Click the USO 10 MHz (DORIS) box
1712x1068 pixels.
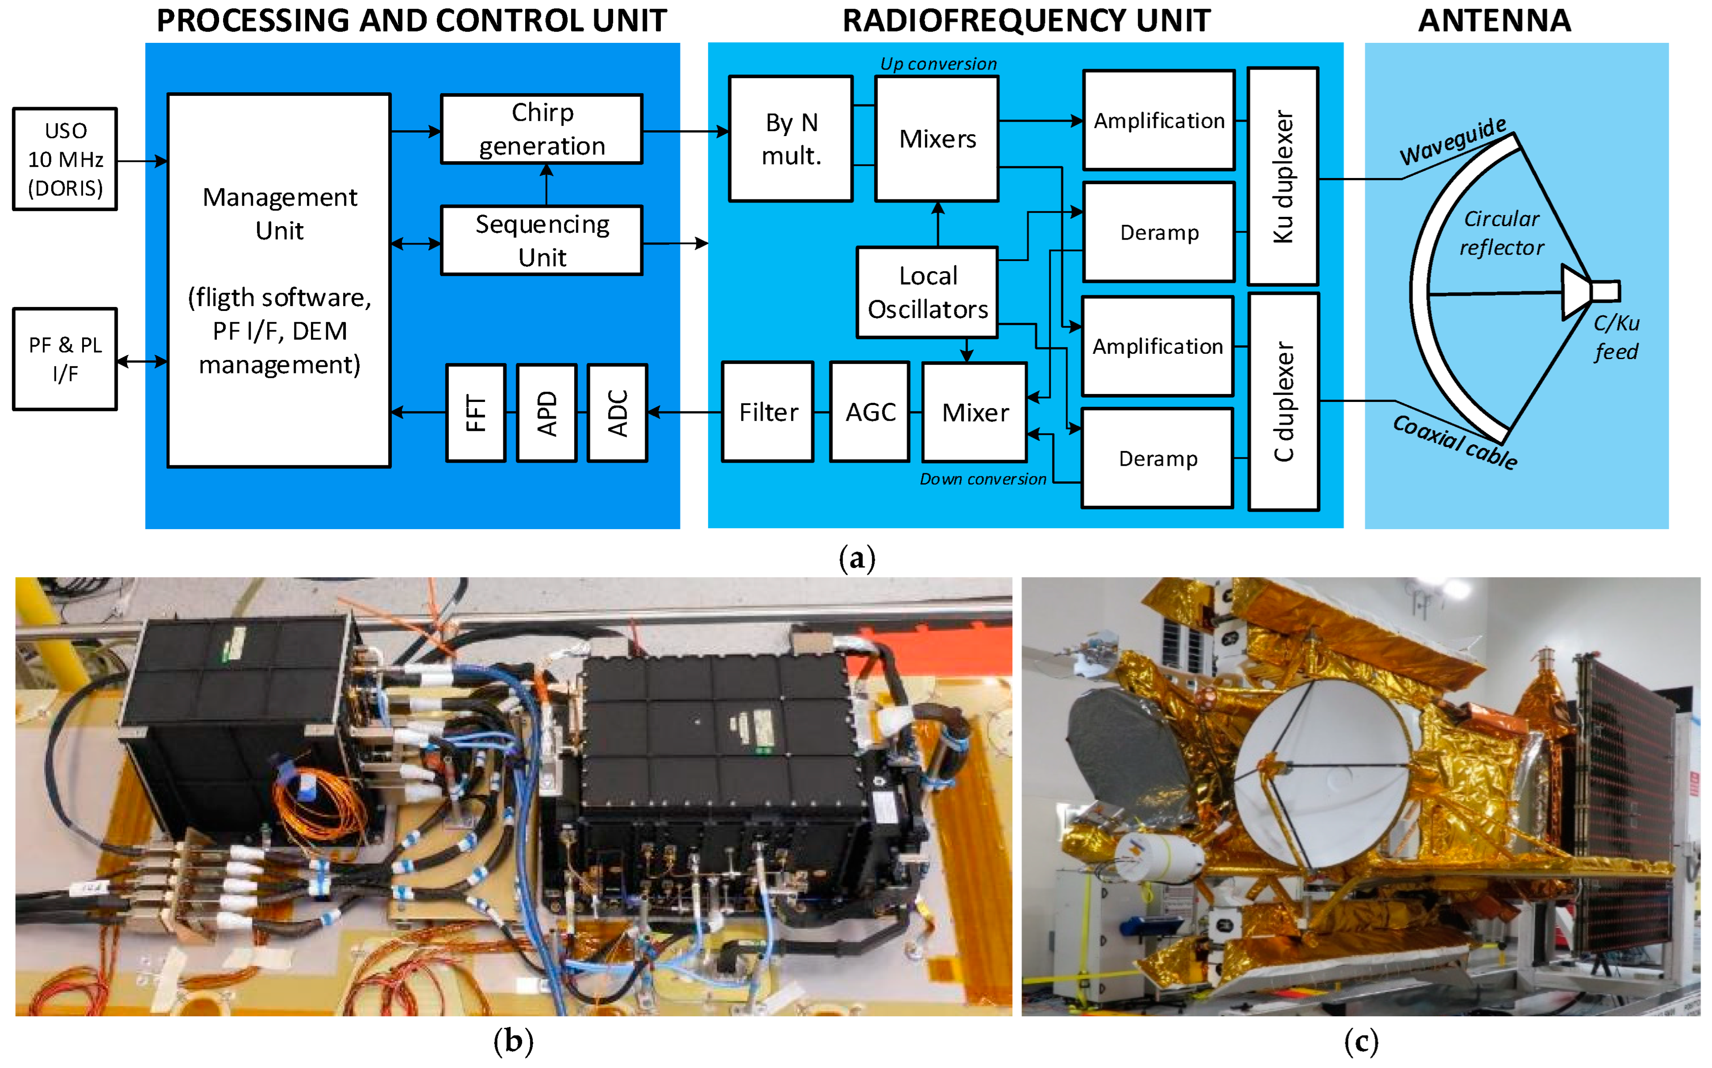point(65,160)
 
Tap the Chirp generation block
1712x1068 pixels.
point(542,129)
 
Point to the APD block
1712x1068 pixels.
point(547,413)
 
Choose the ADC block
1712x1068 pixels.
point(617,413)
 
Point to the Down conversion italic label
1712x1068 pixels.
point(982,480)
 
